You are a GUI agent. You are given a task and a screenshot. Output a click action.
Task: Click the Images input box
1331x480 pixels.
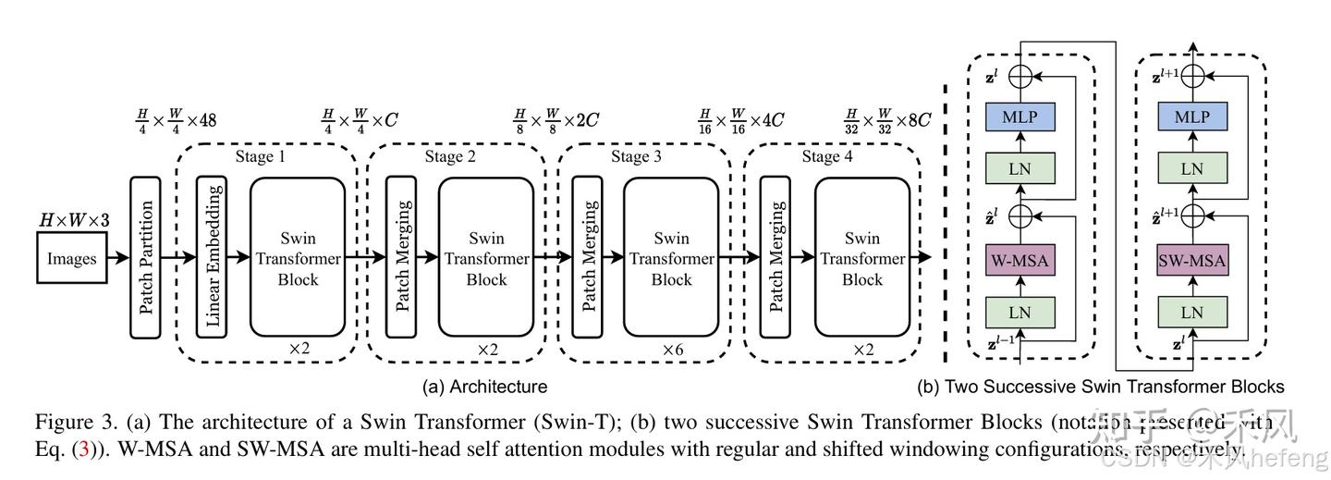(x=71, y=258)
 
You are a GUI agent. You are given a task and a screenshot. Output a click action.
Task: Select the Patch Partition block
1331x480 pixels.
(x=145, y=256)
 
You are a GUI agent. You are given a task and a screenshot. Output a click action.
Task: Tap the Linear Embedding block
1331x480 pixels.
(x=212, y=256)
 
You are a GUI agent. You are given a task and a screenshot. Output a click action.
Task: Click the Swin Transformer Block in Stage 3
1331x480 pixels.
(x=671, y=256)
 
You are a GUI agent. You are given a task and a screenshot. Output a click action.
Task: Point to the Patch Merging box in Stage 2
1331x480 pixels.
(x=401, y=256)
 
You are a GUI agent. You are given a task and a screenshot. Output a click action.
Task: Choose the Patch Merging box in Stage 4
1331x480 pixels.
(x=775, y=256)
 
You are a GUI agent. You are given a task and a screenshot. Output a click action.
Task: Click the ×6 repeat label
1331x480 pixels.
(x=672, y=351)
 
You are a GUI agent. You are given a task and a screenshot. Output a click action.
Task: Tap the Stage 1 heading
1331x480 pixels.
(x=260, y=156)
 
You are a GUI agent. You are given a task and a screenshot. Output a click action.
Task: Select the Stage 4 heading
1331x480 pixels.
(x=821, y=156)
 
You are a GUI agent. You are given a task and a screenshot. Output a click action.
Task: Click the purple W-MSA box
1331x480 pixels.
(x=1020, y=261)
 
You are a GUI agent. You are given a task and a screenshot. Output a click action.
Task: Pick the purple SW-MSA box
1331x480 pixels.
(x=1192, y=261)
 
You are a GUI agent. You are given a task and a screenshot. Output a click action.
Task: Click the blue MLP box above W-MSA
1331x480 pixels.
(x=1020, y=117)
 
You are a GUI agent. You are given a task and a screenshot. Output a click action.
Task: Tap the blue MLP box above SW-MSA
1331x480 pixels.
(x=1192, y=117)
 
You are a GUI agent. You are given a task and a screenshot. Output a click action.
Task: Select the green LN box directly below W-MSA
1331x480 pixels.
(x=1020, y=313)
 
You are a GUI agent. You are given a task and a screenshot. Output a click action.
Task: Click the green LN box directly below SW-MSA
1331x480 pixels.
(x=1192, y=313)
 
